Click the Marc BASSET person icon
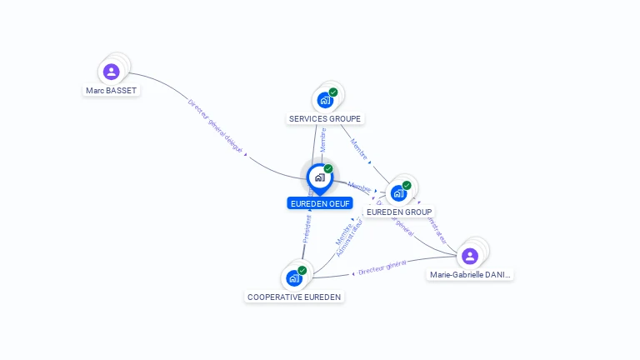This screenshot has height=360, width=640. [x=112, y=72]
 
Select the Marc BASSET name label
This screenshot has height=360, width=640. [x=111, y=90]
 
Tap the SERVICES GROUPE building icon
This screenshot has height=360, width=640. [x=325, y=100]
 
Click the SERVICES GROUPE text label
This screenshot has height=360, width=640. [x=325, y=119]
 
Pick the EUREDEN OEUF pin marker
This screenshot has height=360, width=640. [x=319, y=177]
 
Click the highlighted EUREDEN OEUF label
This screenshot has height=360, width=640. [x=320, y=203]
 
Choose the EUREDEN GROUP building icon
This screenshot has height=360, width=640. [x=399, y=193]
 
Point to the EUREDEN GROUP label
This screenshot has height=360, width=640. [x=399, y=212]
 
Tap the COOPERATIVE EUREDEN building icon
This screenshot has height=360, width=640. [x=294, y=278]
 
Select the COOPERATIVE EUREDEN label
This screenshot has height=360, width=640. [x=294, y=297]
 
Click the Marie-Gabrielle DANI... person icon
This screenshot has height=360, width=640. [x=470, y=256]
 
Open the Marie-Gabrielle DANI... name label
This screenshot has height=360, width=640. [x=471, y=274]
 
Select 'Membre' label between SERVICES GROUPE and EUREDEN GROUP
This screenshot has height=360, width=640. [x=358, y=148]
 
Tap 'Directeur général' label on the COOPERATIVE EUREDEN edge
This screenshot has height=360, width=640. [x=382, y=267]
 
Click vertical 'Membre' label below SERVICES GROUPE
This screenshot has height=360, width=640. [x=322, y=140]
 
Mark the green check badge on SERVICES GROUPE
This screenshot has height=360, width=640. [x=333, y=92]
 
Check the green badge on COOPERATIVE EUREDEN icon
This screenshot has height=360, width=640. [x=302, y=270]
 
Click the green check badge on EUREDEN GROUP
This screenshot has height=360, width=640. [x=407, y=185]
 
